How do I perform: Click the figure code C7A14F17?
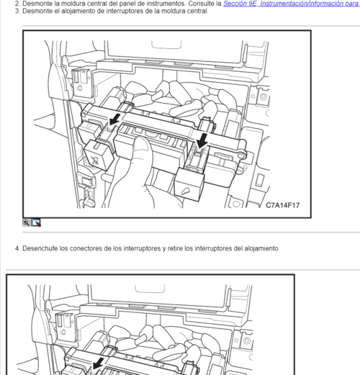point(282,205)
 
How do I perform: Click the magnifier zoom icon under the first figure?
point(27,222)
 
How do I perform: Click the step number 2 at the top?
point(17,4)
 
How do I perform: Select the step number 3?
point(17,12)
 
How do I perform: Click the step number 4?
point(17,249)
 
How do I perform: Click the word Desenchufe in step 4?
point(40,249)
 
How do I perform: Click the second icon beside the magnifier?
point(36,222)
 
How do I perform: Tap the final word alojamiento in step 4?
point(261,249)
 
